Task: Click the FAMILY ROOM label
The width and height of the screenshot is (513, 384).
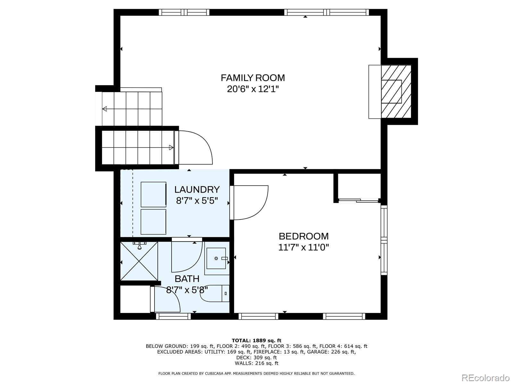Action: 253,78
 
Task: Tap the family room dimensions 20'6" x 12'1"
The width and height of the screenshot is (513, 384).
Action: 253,89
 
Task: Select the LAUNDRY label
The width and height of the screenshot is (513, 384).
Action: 197,189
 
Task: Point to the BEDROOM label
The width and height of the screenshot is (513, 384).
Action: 304,236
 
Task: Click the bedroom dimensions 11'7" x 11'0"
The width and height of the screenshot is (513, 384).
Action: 304,247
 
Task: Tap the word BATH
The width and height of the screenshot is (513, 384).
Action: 187,279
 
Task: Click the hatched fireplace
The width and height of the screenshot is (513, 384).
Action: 396,92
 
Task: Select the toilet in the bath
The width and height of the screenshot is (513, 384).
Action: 214,293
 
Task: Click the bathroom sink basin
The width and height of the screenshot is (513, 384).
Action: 216,258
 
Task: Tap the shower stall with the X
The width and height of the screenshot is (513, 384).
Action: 139,261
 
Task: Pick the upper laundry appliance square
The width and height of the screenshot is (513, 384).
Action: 154,195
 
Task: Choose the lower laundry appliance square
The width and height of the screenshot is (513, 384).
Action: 153,222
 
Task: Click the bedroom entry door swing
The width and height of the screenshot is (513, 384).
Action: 249,203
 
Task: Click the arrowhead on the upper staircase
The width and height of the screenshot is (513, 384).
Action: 105,109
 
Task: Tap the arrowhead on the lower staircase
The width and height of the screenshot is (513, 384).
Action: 171,147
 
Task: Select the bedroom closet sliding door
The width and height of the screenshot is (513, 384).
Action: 358,200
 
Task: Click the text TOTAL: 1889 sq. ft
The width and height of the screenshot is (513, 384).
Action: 256,340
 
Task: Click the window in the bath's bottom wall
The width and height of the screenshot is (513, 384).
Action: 173,316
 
